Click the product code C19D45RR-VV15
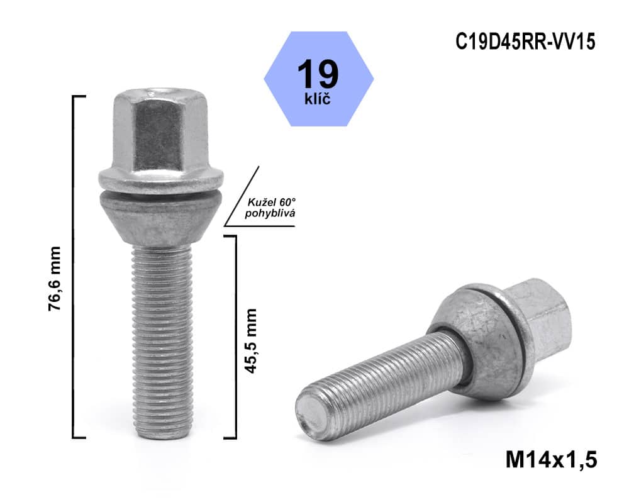pyautogui.click(x=525, y=42)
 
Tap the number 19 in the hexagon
pyautogui.click(x=318, y=74)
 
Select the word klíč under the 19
pyautogui.click(x=318, y=99)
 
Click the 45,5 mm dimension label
pyautogui.click(x=252, y=340)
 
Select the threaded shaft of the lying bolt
pyautogui.click(x=384, y=384)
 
